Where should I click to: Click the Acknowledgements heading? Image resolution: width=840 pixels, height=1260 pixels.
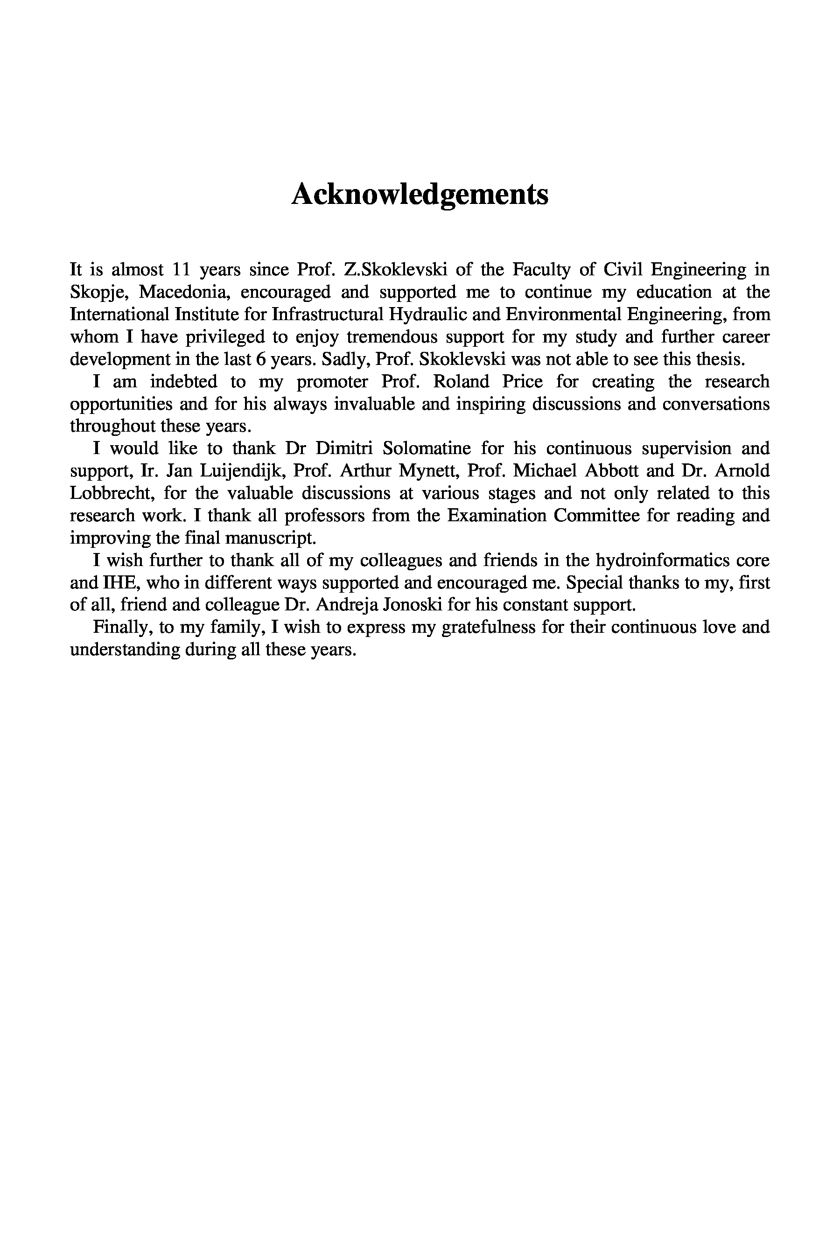420,194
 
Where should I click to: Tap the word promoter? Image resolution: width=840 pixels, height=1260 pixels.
332,381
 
